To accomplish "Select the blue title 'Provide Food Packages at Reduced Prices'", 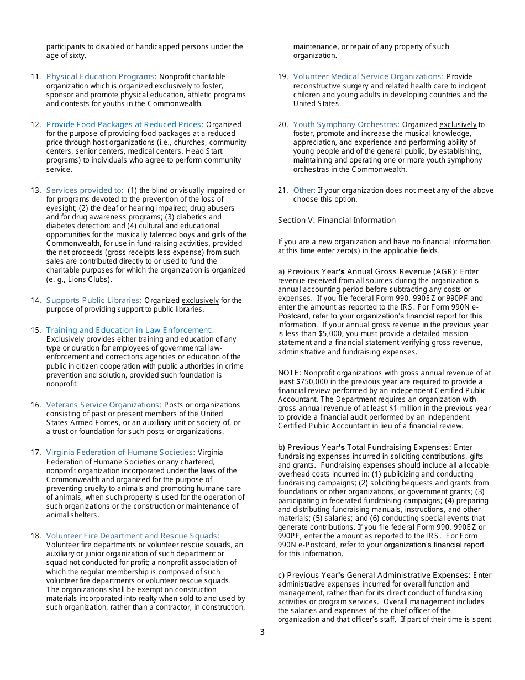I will coord(124,124).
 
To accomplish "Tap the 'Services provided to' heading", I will coord(85,190).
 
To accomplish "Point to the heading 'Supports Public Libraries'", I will coord(93,300).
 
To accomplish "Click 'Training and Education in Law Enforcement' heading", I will coord(129,330).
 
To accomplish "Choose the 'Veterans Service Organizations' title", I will coord(103,405).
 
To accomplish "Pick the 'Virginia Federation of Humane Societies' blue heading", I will coord(120,452).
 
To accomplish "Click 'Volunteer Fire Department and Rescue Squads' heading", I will coord(133,536).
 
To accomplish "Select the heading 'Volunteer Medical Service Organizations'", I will coord(368,76).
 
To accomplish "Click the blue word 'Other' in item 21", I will coord(304,190).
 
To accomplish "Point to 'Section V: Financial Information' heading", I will coord(337,220).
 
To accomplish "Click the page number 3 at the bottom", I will coord(262,632).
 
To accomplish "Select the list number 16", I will coord(36,405).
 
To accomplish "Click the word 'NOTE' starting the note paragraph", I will coord(289,373).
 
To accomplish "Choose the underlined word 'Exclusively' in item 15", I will coord(65,339).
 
